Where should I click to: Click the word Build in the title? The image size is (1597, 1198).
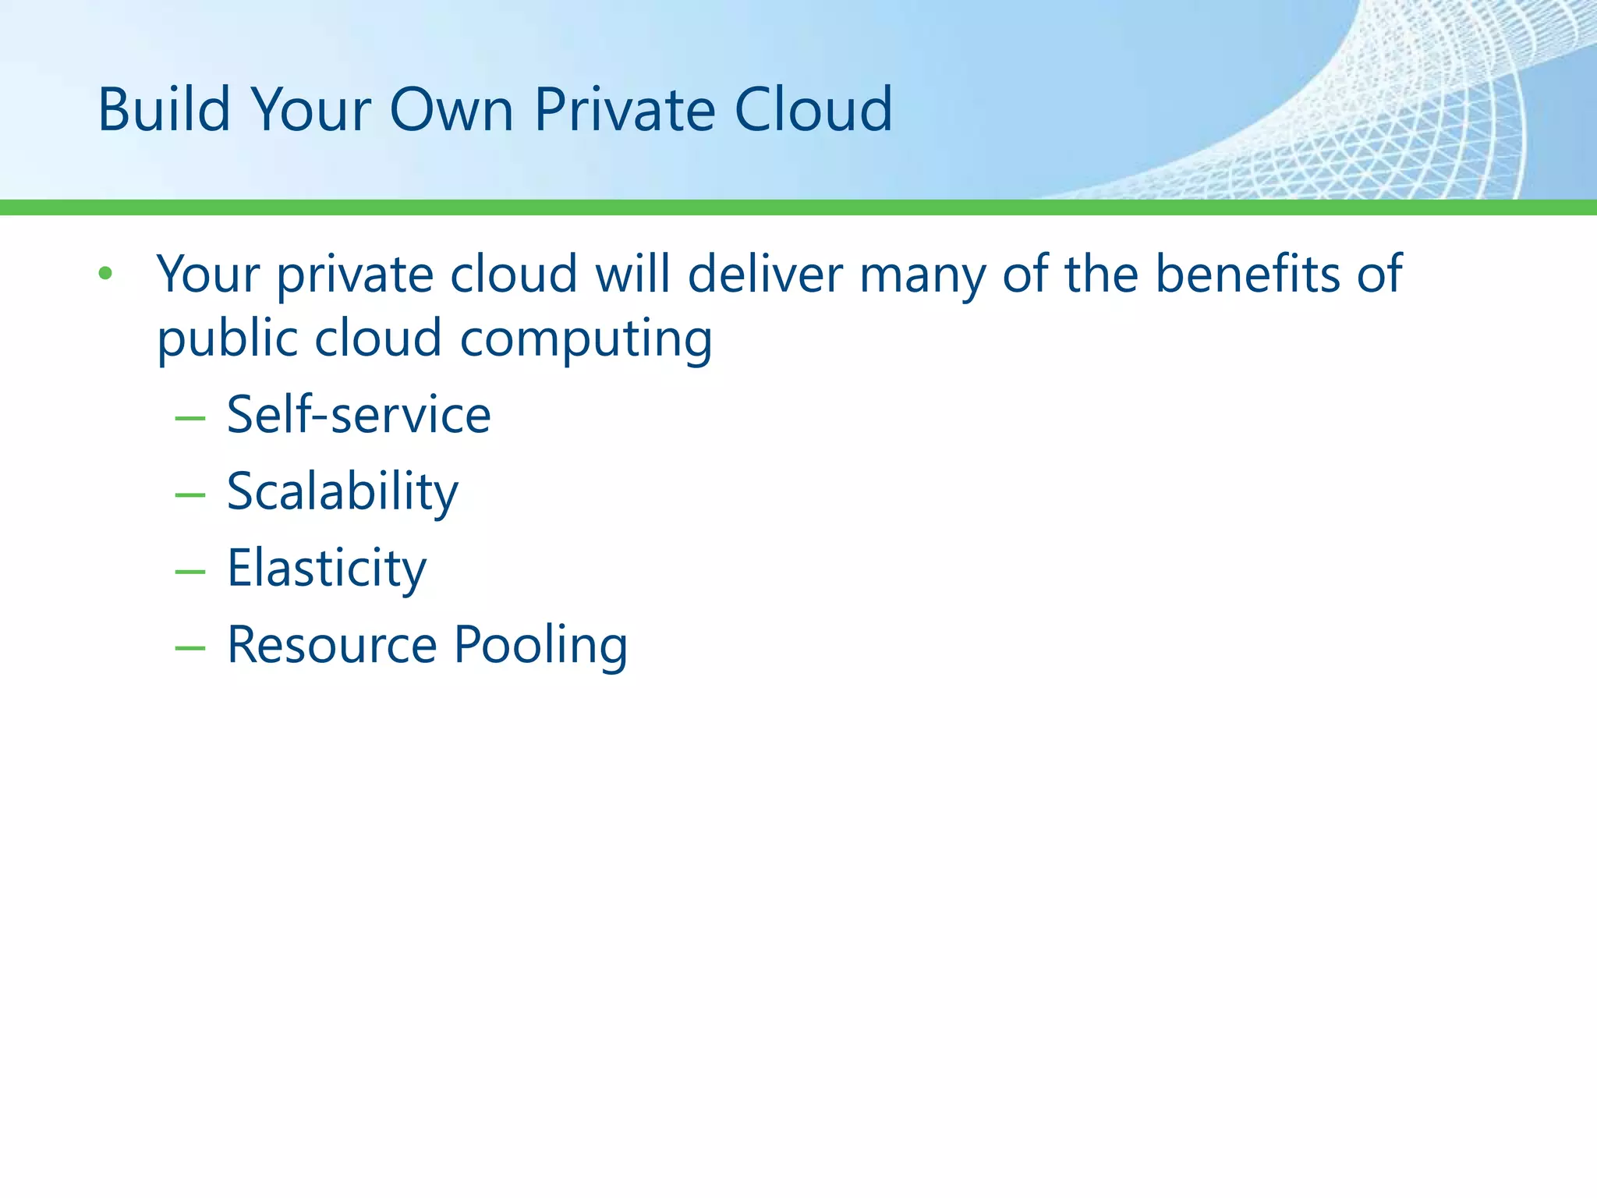point(164,109)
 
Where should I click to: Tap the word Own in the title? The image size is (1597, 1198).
point(451,109)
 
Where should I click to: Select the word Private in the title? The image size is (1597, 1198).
point(624,109)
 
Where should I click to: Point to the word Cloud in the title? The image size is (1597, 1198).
point(813,109)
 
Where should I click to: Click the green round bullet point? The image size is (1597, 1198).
point(106,274)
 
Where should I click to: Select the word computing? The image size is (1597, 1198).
point(586,341)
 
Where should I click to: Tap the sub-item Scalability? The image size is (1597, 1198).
point(342,492)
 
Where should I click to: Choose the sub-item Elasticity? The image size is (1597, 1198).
point(327,569)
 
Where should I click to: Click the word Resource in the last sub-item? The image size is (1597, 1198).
point(332,645)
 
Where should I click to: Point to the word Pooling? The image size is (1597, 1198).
point(540,647)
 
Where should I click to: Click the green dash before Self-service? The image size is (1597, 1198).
point(190,419)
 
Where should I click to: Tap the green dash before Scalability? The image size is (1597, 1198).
point(190,495)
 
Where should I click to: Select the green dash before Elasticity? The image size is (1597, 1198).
point(190,572)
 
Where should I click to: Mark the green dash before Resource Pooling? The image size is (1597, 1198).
point(190,648)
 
